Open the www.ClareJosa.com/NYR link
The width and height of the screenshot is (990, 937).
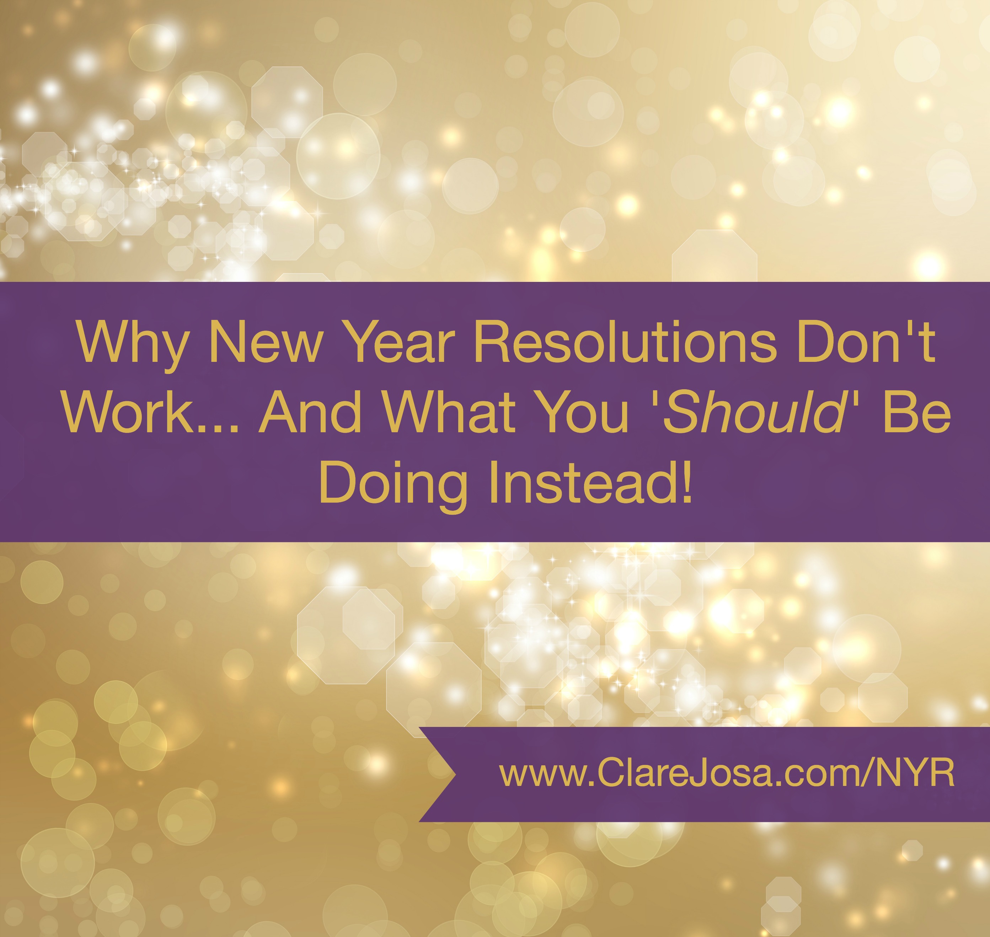[x=727, y=774]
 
